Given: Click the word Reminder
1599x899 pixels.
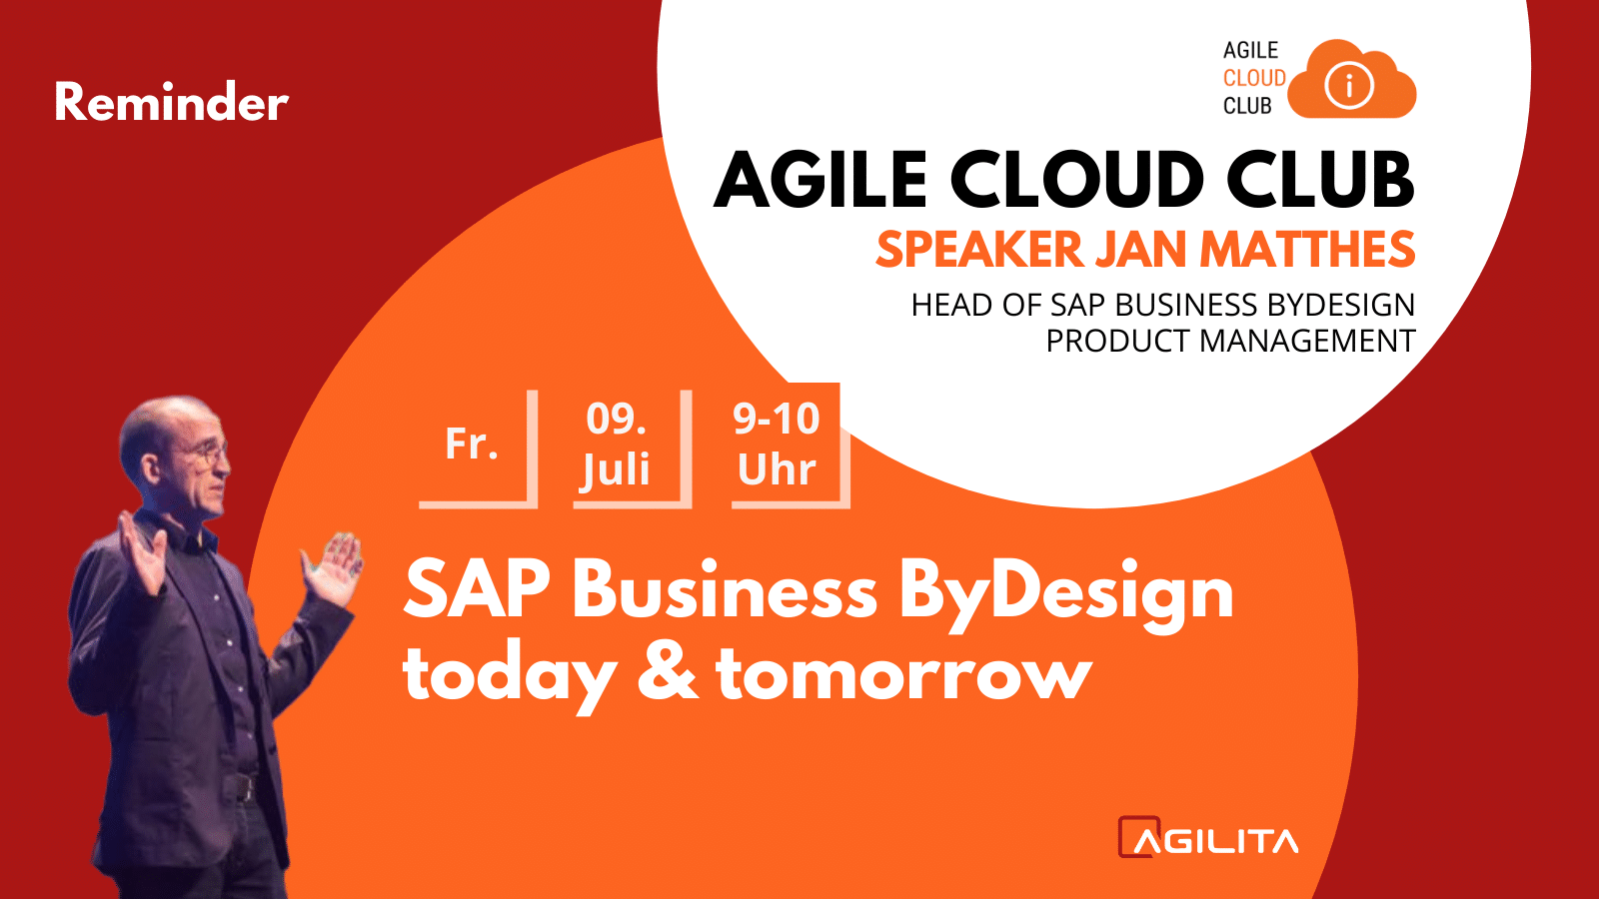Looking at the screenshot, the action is point(172,102).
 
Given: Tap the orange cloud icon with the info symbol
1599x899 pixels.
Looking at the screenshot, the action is point(1353,80).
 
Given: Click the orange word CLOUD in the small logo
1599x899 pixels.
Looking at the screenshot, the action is point(1254,78).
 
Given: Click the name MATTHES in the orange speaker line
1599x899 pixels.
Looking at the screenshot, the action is point(1306,249).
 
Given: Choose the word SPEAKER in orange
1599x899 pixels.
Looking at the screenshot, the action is point(979,249).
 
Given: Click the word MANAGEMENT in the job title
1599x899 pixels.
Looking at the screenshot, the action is point(1307,341).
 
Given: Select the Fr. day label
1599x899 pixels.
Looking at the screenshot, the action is point(471,444).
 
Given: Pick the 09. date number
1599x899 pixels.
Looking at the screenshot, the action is point(616,419).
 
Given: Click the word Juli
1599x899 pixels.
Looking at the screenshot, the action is point(616,470).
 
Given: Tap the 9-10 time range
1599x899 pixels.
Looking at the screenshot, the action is point(776,419).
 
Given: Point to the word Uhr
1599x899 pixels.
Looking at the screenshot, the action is point(777,469).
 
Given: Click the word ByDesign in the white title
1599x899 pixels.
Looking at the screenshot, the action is point(1065,593).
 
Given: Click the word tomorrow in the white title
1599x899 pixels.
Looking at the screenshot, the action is point(904,674).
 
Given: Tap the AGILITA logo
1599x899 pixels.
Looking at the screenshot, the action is point(1208,837).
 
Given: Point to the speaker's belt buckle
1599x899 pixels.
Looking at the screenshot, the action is point(243,788).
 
